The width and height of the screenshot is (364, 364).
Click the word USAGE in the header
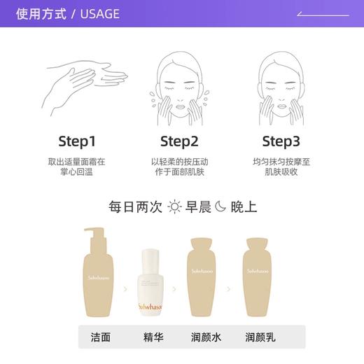click(x=100, y=14)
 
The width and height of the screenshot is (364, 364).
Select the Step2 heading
click(x=179, y=142)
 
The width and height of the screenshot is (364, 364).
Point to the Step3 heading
click(x=281, y=142)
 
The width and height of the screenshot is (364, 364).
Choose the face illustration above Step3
click(x=282, y=80)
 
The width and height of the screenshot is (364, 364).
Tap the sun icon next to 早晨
click(x=174, y=206)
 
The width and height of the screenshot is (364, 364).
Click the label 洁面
click(x=100, y=337)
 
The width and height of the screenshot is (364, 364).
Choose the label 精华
click(x=153, y=337)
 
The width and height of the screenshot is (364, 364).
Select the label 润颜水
click(x=206, y=337)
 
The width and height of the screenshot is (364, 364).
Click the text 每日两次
click(x=135, y=206)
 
